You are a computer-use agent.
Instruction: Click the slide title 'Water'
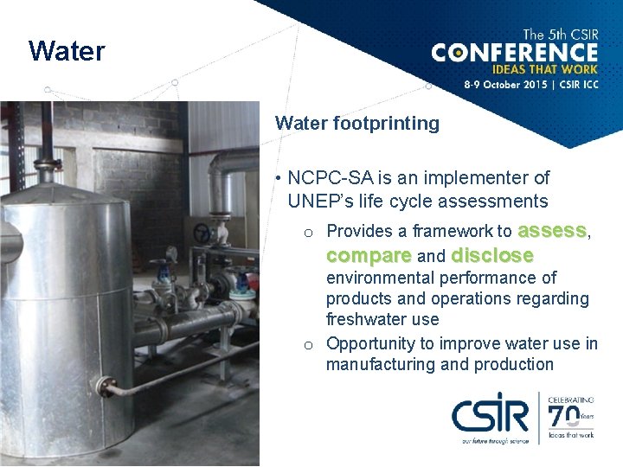tap(67, 52)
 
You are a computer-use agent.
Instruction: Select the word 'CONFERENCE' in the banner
tap(514, 53)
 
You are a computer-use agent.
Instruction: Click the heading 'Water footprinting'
tap(357, 124)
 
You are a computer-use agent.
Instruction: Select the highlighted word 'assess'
tap(552, 231)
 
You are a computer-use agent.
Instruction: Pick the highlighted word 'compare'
tap(369, 256)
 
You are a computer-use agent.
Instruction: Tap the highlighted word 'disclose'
tap(492, 256)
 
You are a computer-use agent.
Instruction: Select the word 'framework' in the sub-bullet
tap(455, 232)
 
